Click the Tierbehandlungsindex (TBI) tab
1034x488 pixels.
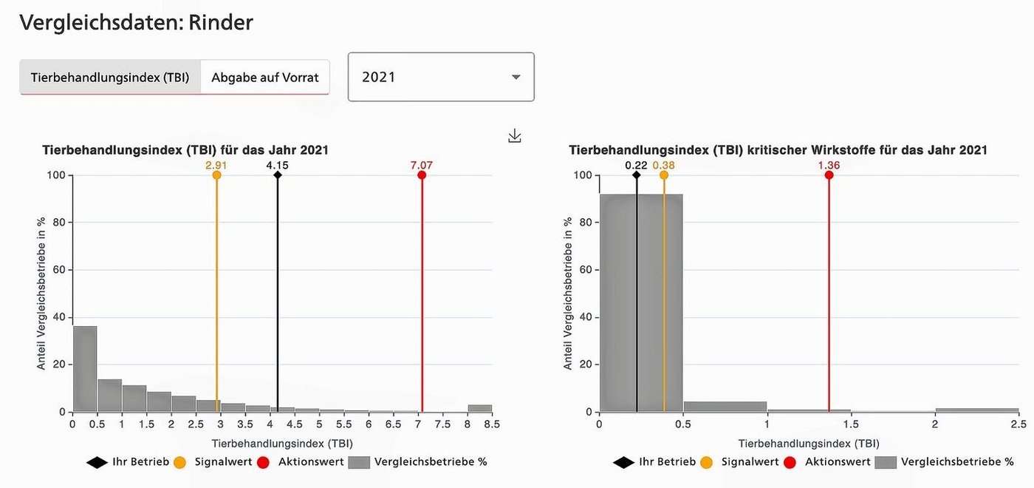point(110,78)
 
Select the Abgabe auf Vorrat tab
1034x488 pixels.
point(265,78)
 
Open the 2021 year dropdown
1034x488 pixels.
point(441,77)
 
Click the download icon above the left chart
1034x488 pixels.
point(515,136)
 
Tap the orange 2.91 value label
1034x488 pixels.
point(216,165)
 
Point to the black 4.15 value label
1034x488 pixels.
point(278,165)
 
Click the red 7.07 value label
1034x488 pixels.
point(422,165)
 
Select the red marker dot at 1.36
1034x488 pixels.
point(829,175)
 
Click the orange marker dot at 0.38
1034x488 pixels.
point(664,175)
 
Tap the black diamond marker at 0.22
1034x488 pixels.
point(637,175)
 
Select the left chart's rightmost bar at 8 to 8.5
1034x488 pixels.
point(479,408)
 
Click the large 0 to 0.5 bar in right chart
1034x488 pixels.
point(641,303)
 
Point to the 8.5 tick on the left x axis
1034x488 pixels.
point(492,424)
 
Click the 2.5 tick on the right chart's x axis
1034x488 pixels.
point(1018,424)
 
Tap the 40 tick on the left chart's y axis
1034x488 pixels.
point(58,317)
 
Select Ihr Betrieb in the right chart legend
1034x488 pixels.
point(667,462)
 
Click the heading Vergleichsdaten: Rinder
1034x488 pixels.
point(137,23)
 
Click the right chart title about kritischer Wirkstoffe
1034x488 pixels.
point(778,150)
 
